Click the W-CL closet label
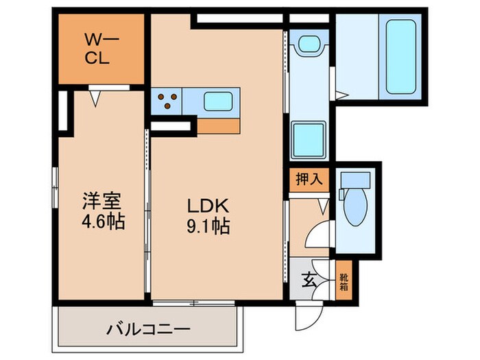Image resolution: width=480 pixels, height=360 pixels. [x=99, y=49]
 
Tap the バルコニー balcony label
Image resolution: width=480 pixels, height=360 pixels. [x=147, y=329]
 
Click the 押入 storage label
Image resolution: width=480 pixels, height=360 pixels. [x=309, y=181]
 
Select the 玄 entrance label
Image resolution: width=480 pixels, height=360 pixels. [x=309, y=279]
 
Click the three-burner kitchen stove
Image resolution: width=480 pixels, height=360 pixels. [x=167, y=102]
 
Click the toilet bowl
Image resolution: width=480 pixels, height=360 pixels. [x=356, y=208]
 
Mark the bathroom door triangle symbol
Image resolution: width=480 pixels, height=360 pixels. [x=333, y=87]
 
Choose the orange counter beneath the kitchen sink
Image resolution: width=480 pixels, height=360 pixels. [x=219, y=125]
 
